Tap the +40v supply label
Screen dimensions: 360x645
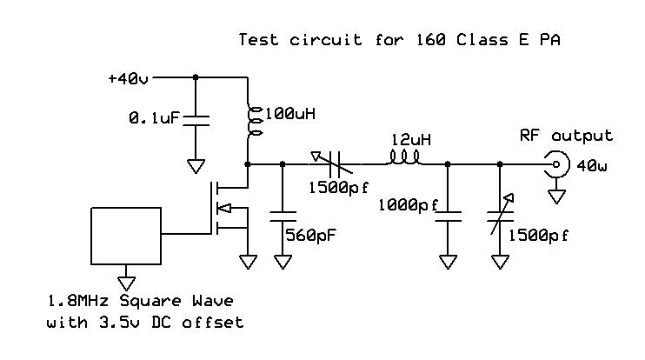(x=128, y=78)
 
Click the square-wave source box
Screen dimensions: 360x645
(x=127, y=233)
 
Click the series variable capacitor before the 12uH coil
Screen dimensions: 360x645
(x=334, y=163)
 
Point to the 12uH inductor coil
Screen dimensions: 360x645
(x=404, y=158)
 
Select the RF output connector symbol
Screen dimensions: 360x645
(x=554, y=163)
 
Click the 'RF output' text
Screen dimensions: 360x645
(x=566, y=136)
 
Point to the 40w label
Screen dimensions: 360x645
(x=592, y=164)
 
